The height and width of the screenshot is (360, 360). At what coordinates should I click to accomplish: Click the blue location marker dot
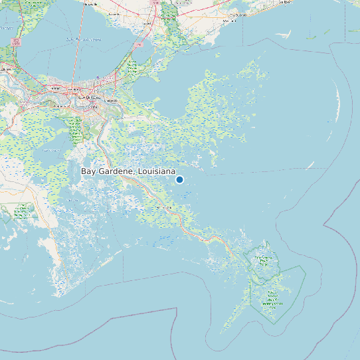point(179,179)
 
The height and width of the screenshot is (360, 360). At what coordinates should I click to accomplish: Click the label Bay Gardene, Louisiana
point(128,171)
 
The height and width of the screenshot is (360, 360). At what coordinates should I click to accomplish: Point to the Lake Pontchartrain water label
point(84,39)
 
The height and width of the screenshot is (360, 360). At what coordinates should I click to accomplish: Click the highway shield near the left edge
point(15,42)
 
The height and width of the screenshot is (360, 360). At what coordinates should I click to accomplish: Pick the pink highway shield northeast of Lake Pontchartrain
point(139,45)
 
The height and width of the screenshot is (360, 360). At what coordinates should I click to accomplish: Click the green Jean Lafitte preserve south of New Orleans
point(75,130)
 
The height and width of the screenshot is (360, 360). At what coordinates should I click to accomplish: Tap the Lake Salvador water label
point(50,150)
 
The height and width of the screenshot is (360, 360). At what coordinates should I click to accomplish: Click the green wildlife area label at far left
point(23,211)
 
